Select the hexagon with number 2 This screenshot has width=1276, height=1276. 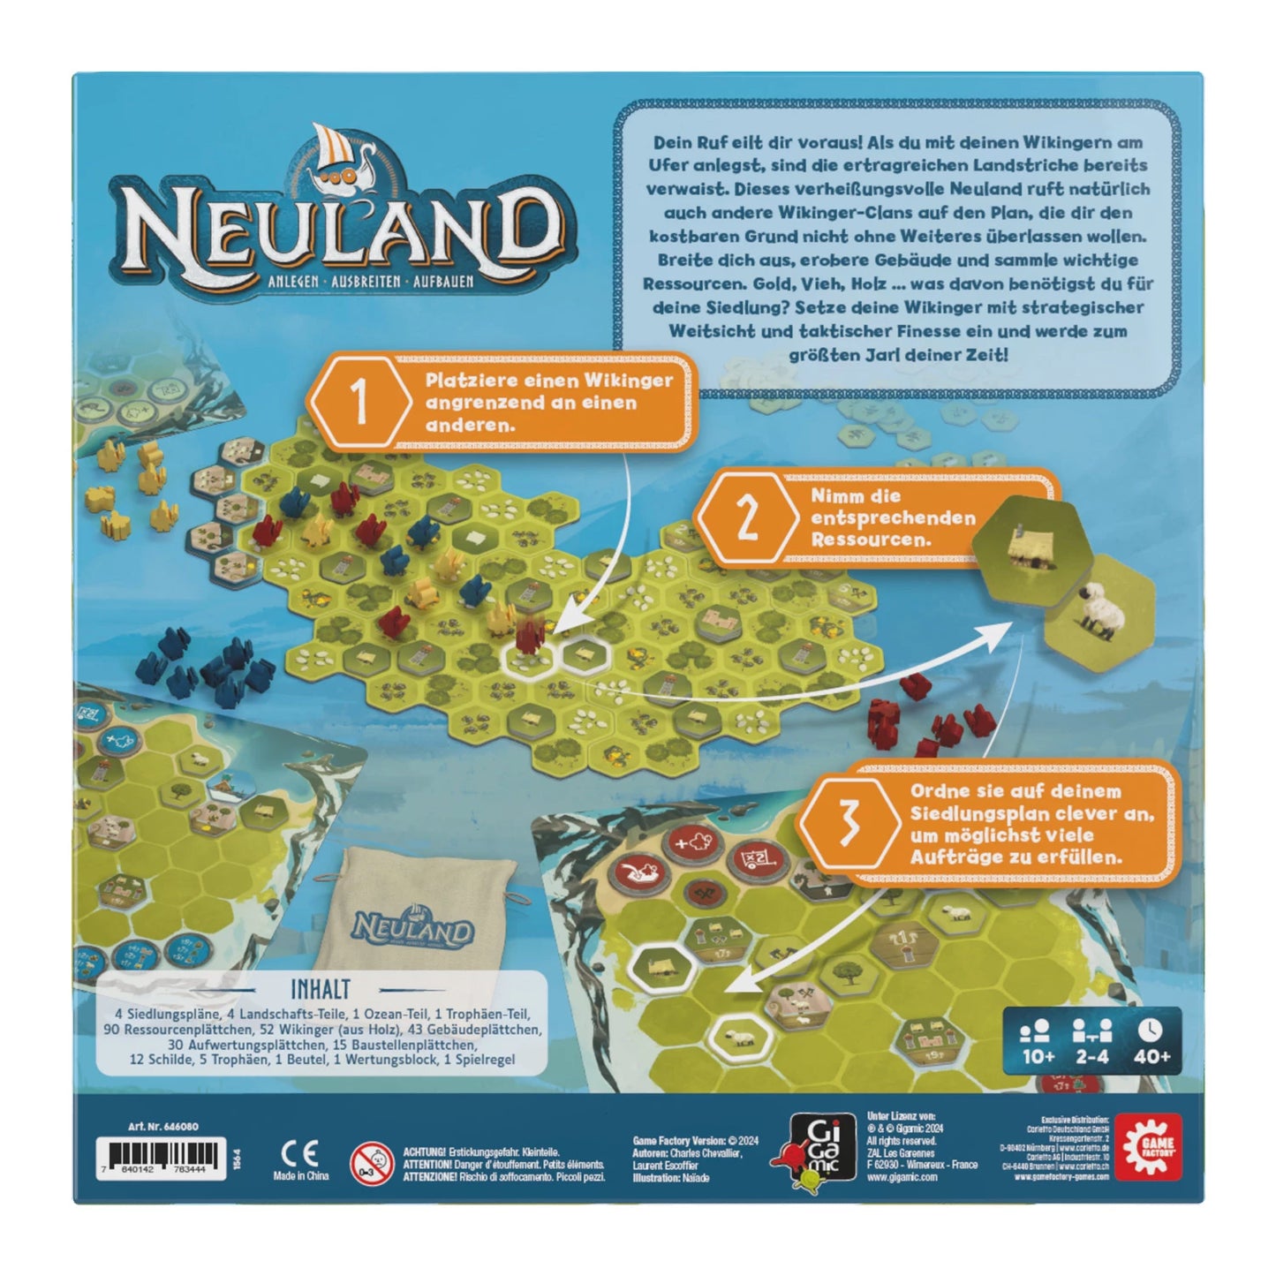(747, 518)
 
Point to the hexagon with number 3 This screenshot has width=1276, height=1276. (849, 824)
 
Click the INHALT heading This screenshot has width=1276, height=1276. (320, 990)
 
